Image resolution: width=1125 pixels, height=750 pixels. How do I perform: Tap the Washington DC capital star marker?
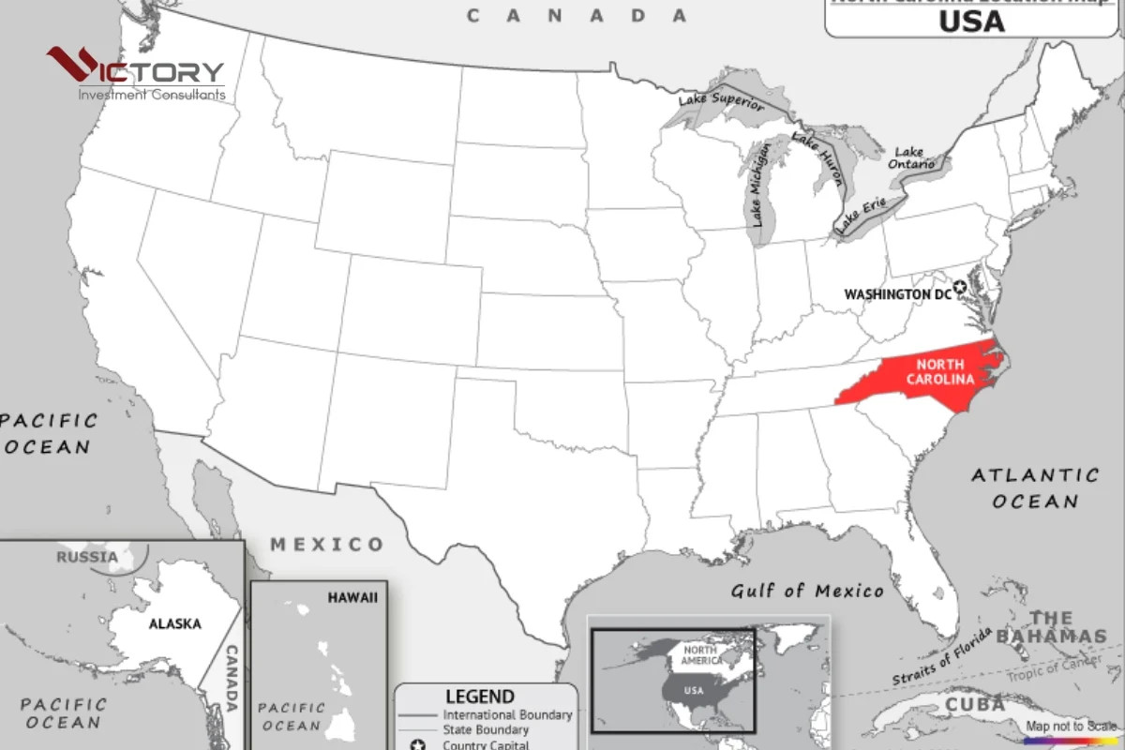point(960,287)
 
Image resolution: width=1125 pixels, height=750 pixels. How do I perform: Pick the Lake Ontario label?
point(912,158)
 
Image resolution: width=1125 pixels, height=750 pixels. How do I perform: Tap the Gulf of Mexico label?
point(807,591)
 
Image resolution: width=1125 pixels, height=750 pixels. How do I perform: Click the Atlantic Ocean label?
point(1035,487)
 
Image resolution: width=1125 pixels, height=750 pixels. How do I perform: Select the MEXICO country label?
point(327,544)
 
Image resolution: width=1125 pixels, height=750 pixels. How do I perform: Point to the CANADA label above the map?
point(577,15)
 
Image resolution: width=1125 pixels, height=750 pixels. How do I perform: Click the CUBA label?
point(975,704)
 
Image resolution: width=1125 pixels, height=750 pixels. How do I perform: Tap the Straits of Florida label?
point(941,657)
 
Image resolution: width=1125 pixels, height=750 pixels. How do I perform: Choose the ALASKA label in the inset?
point(175,623)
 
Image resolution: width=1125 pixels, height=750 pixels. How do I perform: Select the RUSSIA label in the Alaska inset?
point(87,557)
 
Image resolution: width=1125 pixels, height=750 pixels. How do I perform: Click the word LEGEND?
point(480,697)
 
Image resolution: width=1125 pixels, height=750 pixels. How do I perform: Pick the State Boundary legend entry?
point(486,729)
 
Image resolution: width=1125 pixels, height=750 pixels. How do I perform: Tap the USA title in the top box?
point(970,22)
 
